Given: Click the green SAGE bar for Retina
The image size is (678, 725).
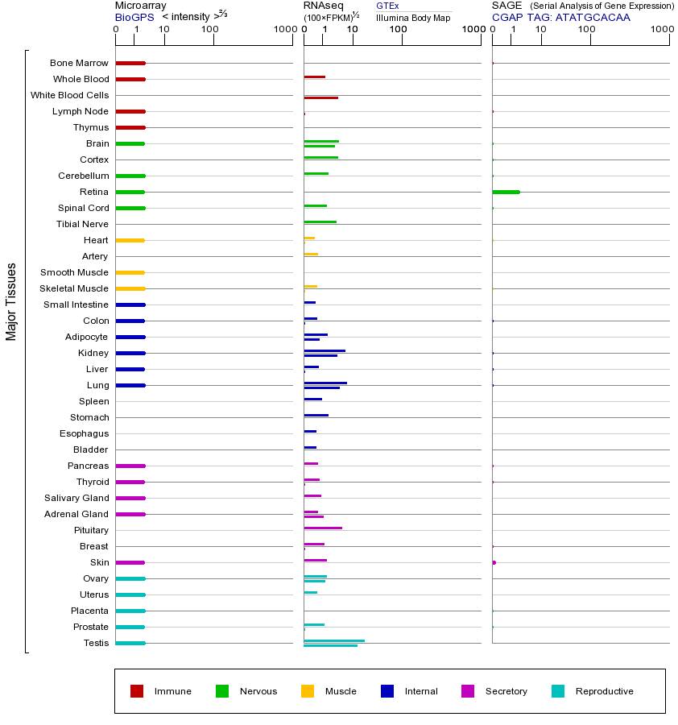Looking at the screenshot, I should (x=506, y=192).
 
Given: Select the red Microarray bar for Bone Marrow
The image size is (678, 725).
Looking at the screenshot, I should (x=130, y=63).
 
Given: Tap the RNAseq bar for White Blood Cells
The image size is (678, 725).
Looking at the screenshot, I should (x=320, y=97).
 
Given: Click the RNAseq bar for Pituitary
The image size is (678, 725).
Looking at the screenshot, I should (x=323, y=528).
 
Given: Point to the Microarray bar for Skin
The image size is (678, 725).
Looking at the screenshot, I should (x=130, y=562).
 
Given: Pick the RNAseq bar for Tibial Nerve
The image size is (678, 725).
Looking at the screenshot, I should (x=320, y=222).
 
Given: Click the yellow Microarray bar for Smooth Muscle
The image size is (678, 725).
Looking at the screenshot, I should (x=130, y=272).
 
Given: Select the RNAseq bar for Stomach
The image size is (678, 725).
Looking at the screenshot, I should (x=316, y=415).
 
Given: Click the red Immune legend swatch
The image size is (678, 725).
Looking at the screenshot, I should (x=137, y=691).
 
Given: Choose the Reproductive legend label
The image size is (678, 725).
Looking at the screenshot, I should (x=604, y=691).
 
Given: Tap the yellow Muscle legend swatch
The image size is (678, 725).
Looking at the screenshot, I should (x=308, y=691).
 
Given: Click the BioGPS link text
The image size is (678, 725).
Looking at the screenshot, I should (x=132, y=16).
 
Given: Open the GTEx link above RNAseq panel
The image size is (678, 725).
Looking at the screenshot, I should (x=387, y=6).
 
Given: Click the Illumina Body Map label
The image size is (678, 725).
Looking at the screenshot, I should (x=413, y=17).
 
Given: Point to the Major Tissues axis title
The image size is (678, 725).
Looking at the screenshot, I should (x=11, y=301).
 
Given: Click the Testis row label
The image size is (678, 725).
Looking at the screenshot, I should (x=96, y=643).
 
